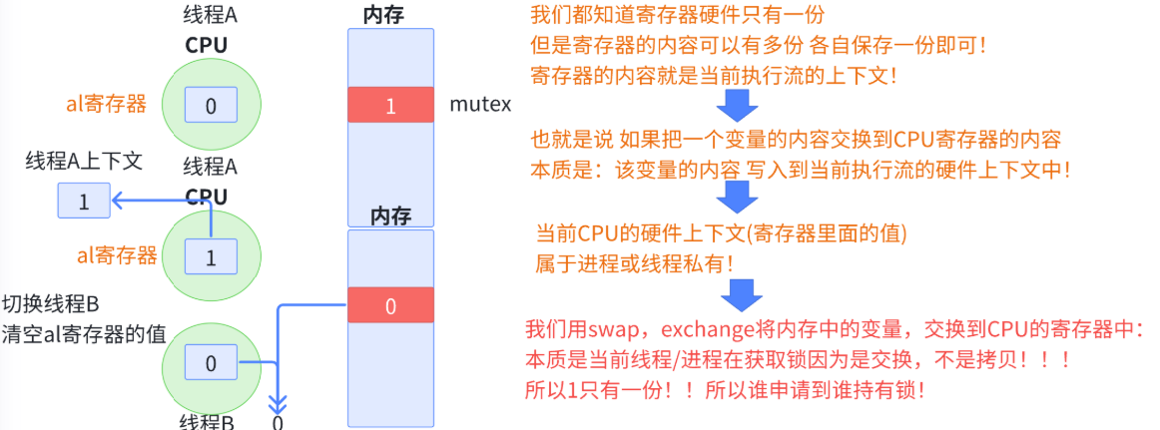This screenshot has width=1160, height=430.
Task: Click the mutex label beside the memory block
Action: pyautogui.click(x=480, y=104)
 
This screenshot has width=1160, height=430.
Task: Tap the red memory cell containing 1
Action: pyautogui.click(x=390, y=105)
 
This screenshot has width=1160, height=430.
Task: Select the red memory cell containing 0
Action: pyautogui.click(x=390, y=305)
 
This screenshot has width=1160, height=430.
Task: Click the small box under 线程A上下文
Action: pyautogui.click(x=84, y=202)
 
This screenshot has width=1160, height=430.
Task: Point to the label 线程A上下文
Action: pyautogui.click(x=84, y=163)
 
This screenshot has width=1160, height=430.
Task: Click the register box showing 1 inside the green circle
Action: pyautogui.click(x=211, y=257)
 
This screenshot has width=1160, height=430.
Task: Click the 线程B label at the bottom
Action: pyautogui.click(x=207, y=422)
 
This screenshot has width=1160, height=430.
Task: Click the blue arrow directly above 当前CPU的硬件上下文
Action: pyautogui.click(x=738, y=197)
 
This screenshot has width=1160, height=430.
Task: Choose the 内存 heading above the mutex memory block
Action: pyautogui.click(x=390, y=14)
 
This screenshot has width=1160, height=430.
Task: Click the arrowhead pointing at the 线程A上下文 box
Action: pyautogui.click(x=117, y=202)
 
